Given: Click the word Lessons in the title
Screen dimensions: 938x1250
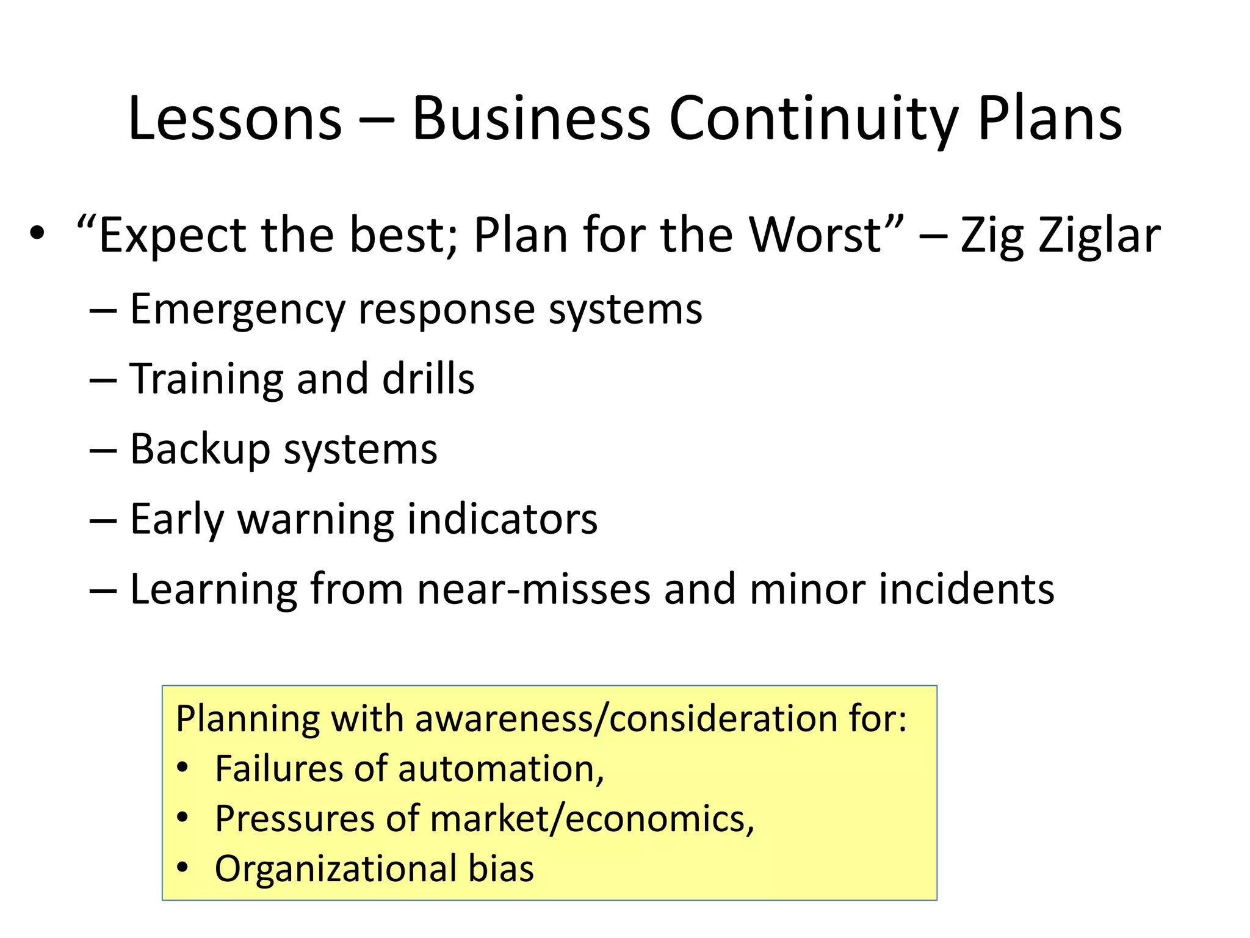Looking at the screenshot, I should (235, 118).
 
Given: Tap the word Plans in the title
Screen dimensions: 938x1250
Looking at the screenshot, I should (1050, 118).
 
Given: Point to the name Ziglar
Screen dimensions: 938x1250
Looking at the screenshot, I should (1099, 236).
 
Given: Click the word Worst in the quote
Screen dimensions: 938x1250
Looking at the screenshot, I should (815, 236).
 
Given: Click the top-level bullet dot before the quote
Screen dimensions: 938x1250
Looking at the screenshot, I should (37, 234).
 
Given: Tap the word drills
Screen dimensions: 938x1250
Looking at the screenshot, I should (428, 379).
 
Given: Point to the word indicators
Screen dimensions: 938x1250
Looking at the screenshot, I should (502, 519).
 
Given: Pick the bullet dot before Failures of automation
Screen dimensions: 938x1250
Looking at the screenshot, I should (182, 768).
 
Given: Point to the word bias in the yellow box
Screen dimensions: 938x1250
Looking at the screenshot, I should (501, 869).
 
